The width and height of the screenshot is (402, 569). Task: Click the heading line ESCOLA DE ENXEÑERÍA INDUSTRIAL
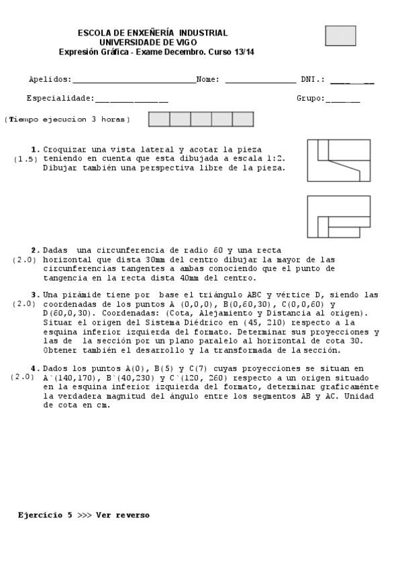[x=152, y=33]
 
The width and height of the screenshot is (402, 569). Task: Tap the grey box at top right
[x=340, y=36]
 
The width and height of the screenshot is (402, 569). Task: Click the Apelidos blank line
[x=134, y=81]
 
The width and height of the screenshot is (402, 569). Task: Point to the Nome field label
[x=208, y=79]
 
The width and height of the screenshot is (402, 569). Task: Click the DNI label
[x=313, y=79]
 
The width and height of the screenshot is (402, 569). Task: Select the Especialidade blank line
[x=132, y=100]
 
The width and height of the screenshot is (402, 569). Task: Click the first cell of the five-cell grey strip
[x=159, y=119]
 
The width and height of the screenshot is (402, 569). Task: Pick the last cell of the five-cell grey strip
[x=243, y=119]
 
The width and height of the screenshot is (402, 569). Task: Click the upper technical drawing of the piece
[x=338, y=160]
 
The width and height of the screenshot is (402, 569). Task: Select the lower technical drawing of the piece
[x=338, y=217]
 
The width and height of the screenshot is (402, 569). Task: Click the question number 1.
[x=35, y=150]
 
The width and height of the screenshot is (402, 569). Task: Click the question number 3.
[x=35, y=295]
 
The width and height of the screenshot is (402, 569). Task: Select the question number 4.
[x=35, y=368]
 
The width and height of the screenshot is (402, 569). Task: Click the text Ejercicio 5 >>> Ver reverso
[x=84, y=515]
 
